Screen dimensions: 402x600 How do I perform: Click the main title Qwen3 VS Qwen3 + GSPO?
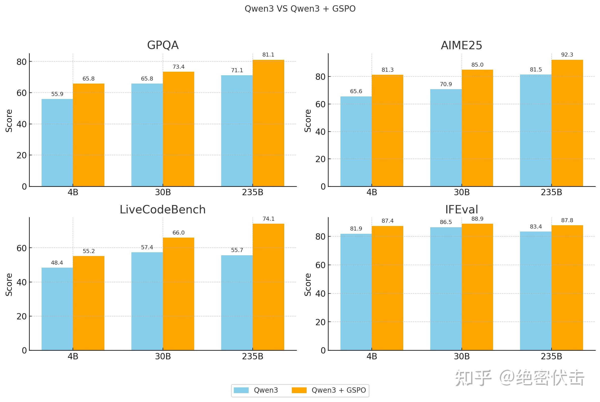click(300, 9)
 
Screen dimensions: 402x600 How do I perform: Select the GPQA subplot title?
click(163, 45)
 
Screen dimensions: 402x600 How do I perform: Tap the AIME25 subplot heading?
click(462, 45)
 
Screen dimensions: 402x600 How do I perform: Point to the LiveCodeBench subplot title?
click(163, 210)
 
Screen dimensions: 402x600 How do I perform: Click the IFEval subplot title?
click(462, 210)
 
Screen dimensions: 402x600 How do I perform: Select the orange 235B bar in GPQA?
click(268, 123)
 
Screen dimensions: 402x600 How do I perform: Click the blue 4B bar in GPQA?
click(57, 143)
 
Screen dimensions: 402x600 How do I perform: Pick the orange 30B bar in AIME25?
click(477, 128)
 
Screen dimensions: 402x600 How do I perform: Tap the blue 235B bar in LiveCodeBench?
click(237, 303)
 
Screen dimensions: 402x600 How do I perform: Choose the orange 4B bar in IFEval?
click(387, 288)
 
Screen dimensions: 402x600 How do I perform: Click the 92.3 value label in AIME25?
click(567, 55)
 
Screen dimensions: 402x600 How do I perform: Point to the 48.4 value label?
click(57, 263)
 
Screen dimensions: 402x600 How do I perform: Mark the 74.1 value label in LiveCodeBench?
click(268, 219)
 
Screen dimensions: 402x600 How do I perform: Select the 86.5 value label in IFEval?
click(446, 222)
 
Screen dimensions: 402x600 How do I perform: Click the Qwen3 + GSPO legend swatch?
click(299, 390)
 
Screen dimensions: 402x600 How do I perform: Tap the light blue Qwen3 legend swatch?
click(241, 390)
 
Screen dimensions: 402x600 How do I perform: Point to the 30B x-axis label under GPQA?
click(163, 192)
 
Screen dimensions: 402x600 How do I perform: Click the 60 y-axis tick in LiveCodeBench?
click(21, 248)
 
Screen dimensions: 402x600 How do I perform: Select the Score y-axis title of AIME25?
click(307, 121)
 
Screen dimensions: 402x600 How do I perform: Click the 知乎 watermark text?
click(473, 378)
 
